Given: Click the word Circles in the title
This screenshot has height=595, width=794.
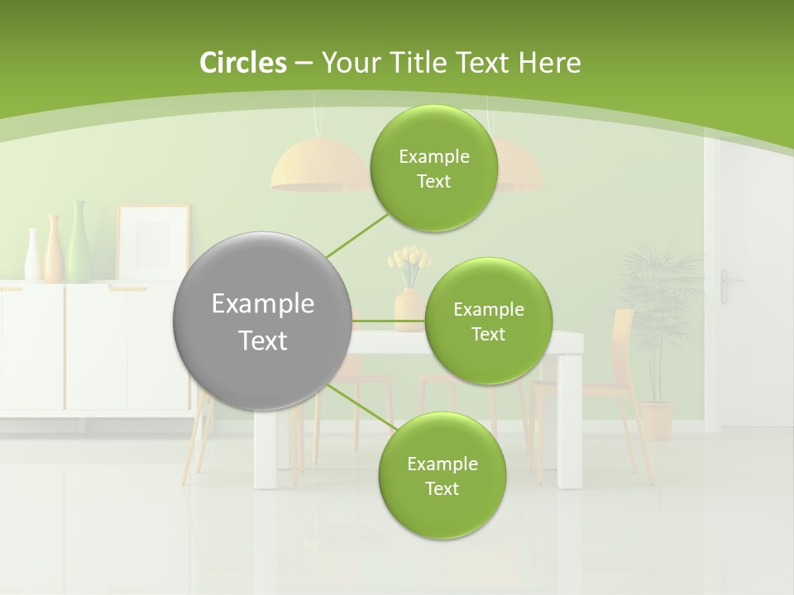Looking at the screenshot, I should coord(242,63).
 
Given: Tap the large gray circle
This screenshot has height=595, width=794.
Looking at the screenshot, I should coord(263,321).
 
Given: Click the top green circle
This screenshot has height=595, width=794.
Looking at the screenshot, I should coord(434,169).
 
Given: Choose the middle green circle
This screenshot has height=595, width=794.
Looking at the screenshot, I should coord(488,321).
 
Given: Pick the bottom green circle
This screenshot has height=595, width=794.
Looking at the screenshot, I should coord(442,476).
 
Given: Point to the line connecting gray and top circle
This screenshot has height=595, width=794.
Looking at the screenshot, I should coord(357,234).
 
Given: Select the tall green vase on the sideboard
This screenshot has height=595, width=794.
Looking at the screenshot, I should coord(79,243).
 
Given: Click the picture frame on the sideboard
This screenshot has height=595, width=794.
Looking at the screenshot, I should coord(153,243).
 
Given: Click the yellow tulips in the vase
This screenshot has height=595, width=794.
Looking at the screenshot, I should coord(409,262).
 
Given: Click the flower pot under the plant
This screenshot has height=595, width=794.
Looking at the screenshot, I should coord(658,420).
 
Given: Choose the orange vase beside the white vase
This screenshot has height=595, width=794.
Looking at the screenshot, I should coord(53,248).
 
